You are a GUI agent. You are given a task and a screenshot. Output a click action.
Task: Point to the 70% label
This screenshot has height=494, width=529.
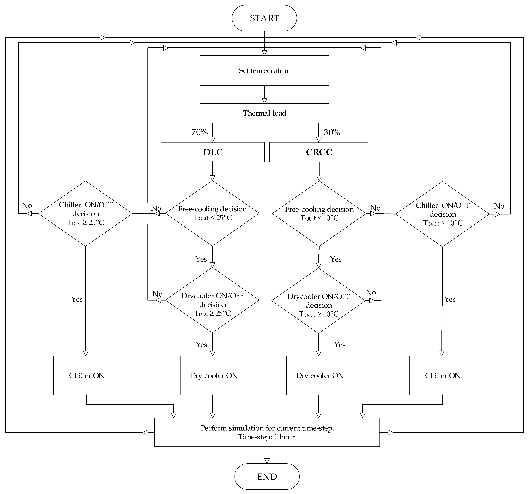click(x=199, y=132)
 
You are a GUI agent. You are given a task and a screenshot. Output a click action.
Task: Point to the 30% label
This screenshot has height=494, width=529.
click(x=332, y=132)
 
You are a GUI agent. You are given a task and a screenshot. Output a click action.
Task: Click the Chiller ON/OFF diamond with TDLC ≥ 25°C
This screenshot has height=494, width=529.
click(x=85, y=214)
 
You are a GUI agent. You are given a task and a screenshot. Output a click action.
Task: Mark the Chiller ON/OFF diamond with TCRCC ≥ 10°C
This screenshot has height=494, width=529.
click(x=442, y=214)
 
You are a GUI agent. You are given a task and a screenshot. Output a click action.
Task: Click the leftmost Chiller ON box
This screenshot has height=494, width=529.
click(x=86, y=375)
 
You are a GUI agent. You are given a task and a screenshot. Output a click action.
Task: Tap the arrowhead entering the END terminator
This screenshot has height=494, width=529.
click(x=267, y=461)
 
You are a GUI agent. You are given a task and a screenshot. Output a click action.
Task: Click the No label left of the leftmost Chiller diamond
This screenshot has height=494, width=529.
click(x=27, y=205)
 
